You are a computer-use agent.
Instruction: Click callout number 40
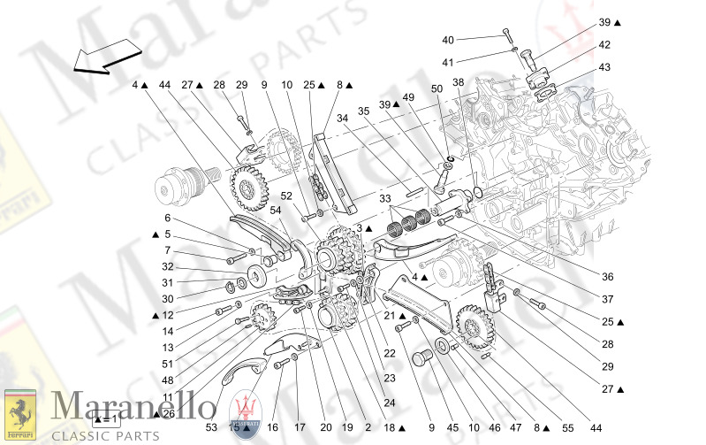448,40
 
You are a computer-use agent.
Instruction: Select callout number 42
604,44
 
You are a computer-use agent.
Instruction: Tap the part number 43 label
604,67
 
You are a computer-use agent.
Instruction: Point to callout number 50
437,88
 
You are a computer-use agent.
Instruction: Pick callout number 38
458,82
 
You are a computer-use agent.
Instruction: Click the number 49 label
408,97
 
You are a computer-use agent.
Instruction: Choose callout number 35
363,112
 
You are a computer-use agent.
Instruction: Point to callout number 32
168,266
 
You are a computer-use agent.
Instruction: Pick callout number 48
168,379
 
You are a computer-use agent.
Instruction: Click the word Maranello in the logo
134,408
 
